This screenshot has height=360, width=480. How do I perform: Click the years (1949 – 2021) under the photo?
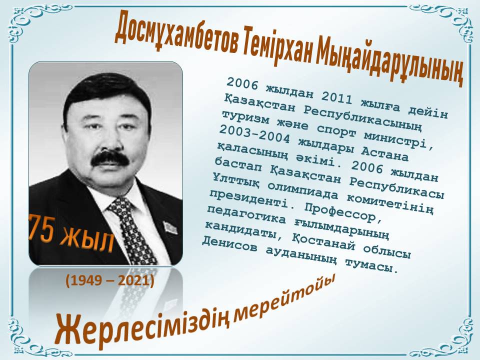pos(109,280)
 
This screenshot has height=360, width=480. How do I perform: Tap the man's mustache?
pos(110,158)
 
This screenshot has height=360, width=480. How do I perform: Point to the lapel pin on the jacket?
pos(170,228)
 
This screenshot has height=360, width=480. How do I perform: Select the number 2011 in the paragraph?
pos(336,98)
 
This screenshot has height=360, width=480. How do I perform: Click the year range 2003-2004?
pos(254,134)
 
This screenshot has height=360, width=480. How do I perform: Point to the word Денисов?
pos(229,244)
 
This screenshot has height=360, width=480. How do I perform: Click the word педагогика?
pos(246,215)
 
